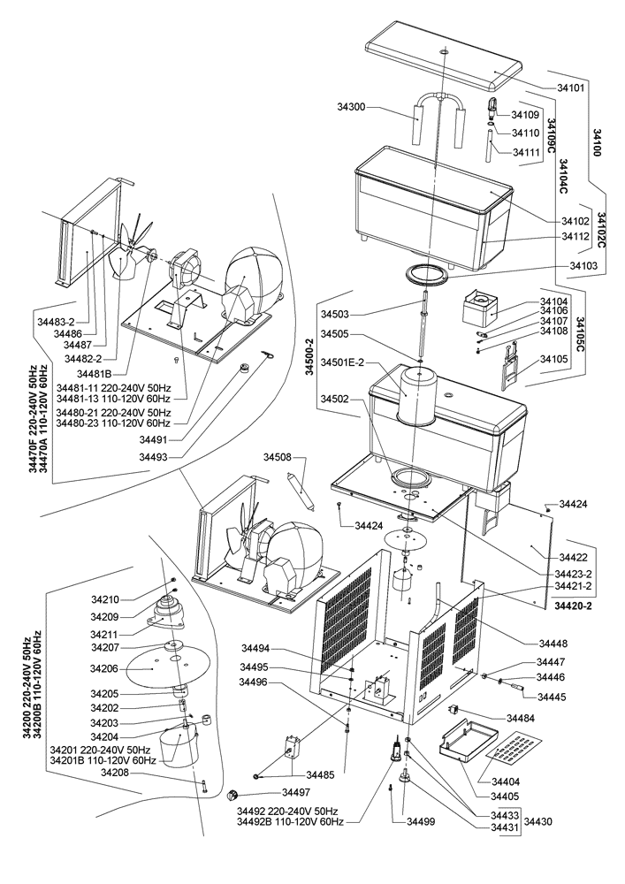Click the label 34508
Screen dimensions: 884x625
pos(278,457)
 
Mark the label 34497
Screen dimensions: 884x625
pos(297,792)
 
